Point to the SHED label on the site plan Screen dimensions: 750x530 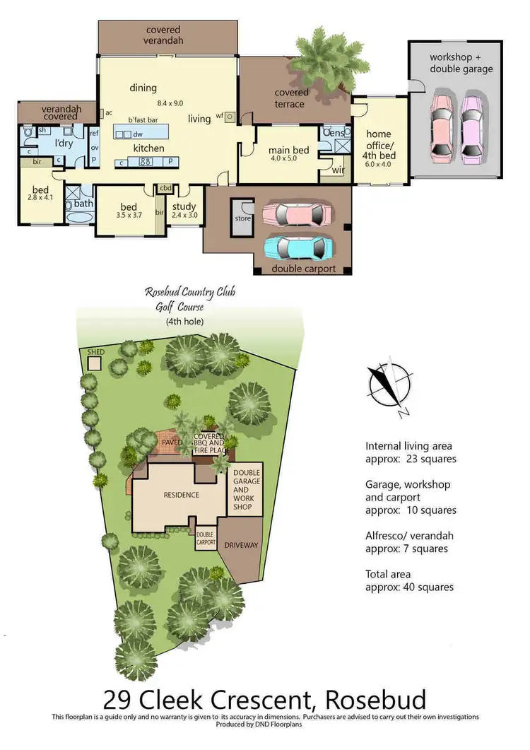pos(95,351)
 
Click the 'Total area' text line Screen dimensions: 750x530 pos(388,574)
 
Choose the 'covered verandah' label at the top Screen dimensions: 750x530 pos(164,35)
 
